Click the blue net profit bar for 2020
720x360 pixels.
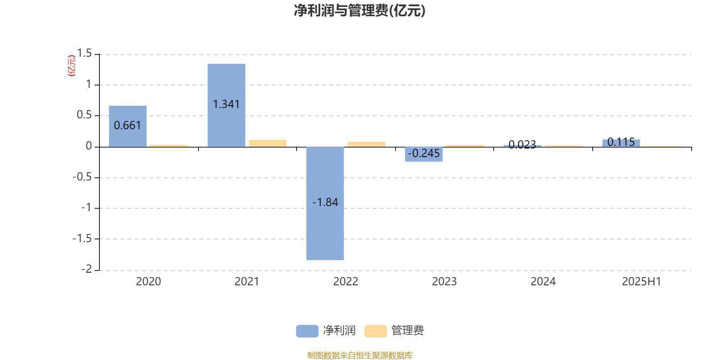[128, 126]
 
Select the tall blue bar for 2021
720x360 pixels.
[226, 105]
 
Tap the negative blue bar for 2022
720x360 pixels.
[325, 203]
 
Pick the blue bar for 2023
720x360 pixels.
[423, 154]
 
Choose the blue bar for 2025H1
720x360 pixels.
[621, 144]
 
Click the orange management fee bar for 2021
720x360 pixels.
[268, 144]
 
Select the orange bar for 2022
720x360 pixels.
[366, 144]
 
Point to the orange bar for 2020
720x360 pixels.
[169, 146]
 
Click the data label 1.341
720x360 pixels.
[226, 104]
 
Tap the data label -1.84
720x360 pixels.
[325, 202]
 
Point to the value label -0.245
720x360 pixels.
[423, 153]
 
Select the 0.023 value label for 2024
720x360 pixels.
[522, 144]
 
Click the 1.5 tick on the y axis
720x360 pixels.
[85, 54]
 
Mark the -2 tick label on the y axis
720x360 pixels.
[87, 269]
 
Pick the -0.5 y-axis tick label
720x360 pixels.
[82, 177]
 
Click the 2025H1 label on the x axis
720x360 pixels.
[642, 282]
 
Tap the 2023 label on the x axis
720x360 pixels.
[444, 282]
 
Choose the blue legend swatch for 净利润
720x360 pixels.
[307, 331]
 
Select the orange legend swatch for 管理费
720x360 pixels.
[375, 331]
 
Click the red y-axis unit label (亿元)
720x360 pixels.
[72, 66]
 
